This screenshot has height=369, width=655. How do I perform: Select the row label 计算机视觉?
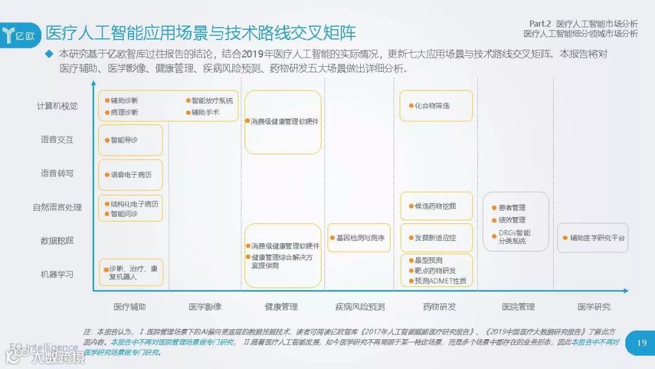point(58,106)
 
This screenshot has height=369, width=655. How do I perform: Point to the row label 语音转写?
point(58,174)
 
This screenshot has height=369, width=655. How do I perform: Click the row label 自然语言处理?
point(58,208)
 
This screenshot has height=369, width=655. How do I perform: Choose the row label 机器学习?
point(58,274)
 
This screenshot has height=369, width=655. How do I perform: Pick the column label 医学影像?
point(205,306)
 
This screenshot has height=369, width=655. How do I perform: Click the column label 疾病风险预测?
point(360,306)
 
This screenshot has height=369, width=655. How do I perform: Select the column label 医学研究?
point(594,306)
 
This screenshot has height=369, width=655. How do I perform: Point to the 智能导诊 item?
point(124,140)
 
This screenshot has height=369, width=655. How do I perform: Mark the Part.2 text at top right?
point(539,23)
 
